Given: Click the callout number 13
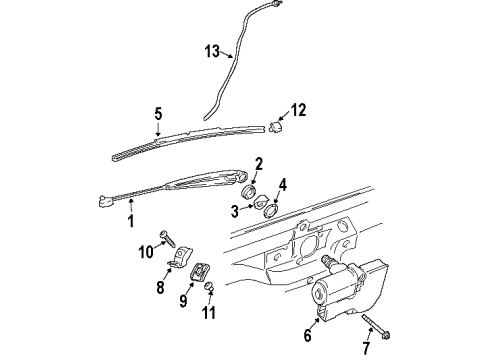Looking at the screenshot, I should coord(212,51).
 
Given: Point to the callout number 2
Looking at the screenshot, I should coord(258,164).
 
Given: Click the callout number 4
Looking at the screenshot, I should coord(283,184).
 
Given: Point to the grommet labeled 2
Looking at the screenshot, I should coord(249,188).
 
